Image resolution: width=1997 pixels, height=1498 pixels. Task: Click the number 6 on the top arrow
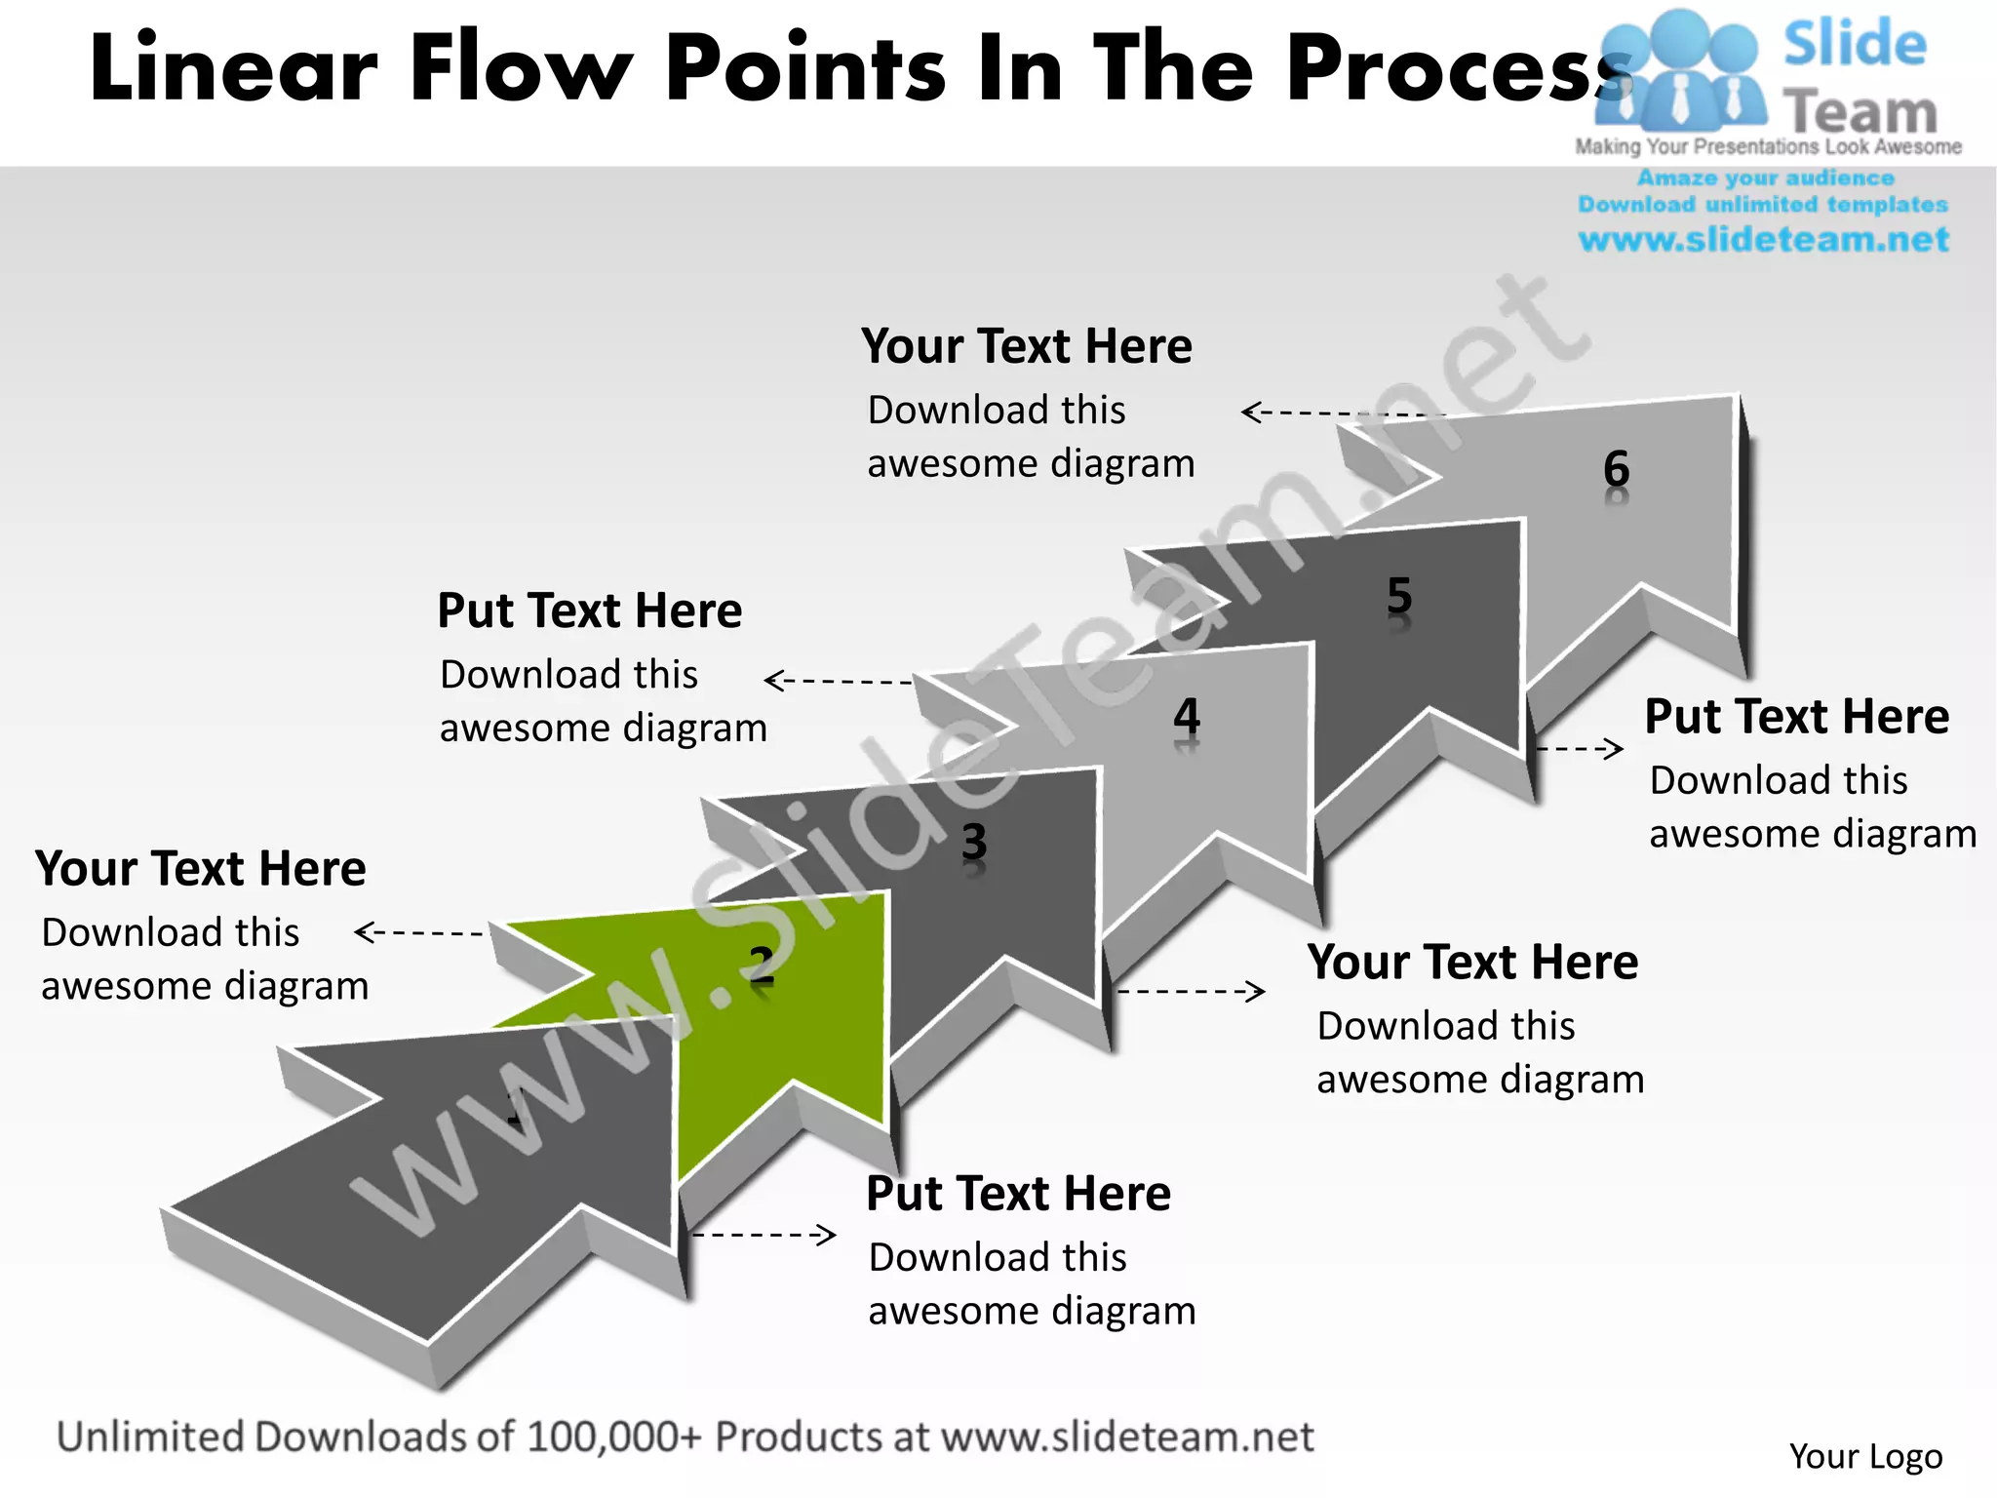pos(1616,470)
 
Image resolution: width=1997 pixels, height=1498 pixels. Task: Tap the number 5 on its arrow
pos(1399,595)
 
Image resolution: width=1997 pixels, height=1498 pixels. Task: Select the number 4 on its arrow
pos(1186,717)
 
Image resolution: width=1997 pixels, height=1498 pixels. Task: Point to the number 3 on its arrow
pos(974,841)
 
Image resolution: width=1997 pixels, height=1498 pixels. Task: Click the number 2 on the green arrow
pos(762,965)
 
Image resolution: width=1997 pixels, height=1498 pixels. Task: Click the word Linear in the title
pos(233,68)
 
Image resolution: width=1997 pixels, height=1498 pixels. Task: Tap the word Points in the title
pos(805,68)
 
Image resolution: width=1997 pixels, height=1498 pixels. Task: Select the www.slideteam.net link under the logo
pos(1763,240)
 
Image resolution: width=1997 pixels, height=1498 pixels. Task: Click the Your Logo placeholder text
pos(1865,1456)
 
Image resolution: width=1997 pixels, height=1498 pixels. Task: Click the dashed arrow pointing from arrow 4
pos(839,680)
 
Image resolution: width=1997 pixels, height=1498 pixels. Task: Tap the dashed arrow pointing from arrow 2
pos(419,932)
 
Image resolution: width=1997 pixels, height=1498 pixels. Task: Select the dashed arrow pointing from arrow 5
pos(1580,748)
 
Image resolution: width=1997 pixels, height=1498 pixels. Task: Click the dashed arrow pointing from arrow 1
pos(764,1235)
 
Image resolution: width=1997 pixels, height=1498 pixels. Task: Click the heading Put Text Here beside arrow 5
pos(1796,717)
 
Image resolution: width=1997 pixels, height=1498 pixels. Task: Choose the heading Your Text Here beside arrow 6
pos(1026,346)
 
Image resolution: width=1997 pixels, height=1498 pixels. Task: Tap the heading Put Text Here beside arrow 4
pos(589,611)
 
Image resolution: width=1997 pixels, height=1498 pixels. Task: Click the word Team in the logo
pos(1860,112)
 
